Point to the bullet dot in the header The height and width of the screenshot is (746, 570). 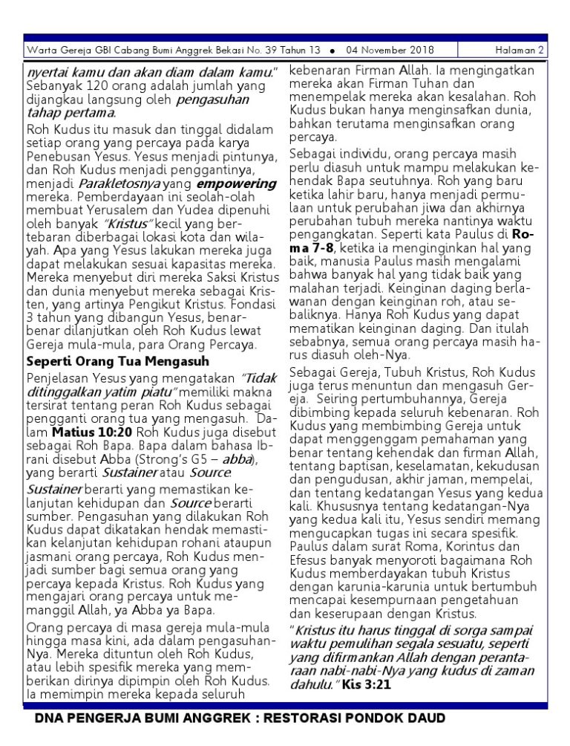pos(331,51)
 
